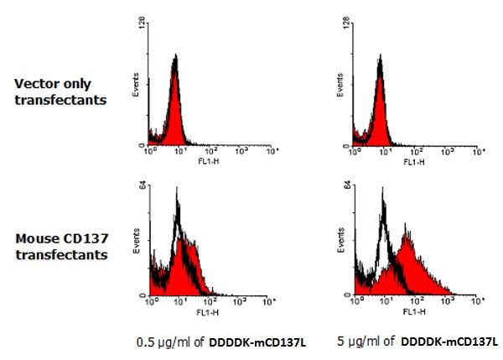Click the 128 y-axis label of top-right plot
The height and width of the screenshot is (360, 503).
coord(345,26)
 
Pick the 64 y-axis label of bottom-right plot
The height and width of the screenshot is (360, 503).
coord(345,187)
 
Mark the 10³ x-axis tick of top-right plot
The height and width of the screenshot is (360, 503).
coord(448,152)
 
